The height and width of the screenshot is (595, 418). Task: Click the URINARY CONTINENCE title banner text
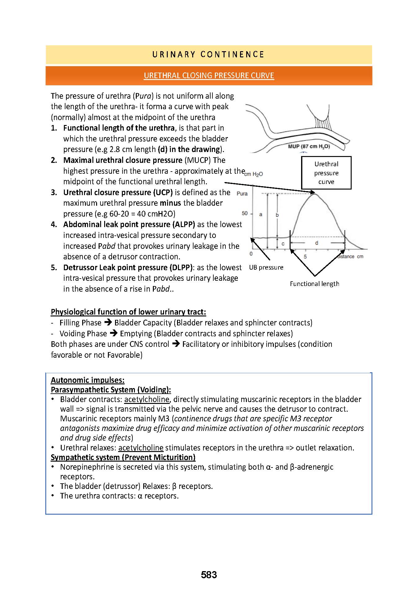point(208,55)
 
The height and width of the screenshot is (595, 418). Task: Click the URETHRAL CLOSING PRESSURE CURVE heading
point(209,76)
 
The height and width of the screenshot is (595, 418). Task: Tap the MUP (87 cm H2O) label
point(309,146)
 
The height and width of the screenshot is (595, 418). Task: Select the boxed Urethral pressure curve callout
point(326,173)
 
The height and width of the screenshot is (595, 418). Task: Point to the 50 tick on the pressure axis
point(245,213)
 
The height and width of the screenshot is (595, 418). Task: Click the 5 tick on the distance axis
point(305,257)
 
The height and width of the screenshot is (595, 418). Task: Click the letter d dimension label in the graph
point(316,243)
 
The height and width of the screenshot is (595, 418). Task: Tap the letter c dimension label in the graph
point(283,244)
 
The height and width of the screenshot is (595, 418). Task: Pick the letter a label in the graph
point(260,214)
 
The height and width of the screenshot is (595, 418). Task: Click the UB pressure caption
point(266,267)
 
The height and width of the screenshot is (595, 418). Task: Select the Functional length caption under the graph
point(314,284)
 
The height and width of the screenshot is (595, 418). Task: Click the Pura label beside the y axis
point(242,194)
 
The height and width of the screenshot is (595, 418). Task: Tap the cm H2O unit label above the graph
point(254,174)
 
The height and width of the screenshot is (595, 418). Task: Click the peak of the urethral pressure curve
point(314,193)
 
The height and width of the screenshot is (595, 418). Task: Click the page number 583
point(209,575)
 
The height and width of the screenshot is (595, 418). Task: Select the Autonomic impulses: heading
point(87,380)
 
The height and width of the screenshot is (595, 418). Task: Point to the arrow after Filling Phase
point(108,323)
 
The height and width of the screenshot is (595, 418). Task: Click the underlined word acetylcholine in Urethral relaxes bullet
point(141,448)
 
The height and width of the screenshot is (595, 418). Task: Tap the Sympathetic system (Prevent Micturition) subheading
point(123,457)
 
